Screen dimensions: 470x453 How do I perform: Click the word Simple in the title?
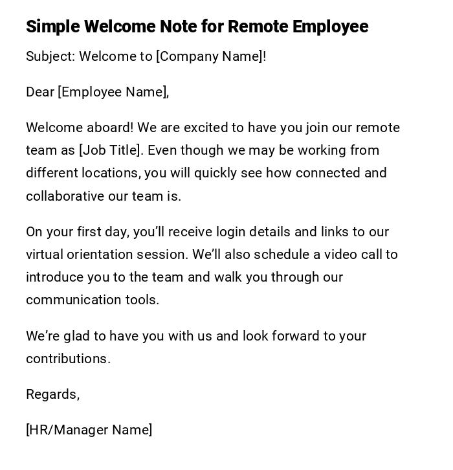coord(52,27)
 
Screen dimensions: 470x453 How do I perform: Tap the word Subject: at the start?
coord(50,56)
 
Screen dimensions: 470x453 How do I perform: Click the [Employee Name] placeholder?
coord(113,92)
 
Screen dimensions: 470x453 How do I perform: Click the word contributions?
coord(68,359)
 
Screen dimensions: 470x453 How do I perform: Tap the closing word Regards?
coord(52,394)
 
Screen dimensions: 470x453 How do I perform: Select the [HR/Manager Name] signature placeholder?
coord(89,430)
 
